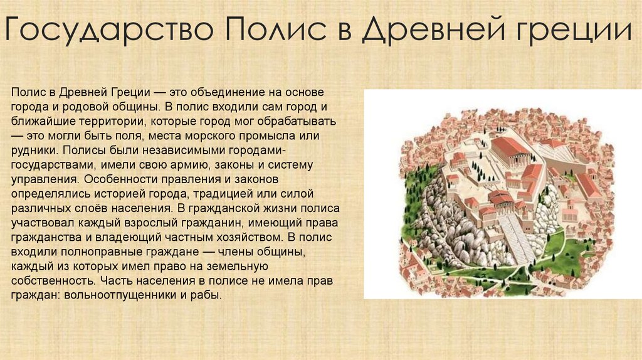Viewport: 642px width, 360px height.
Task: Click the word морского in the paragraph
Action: pyautogui.click(x=189, y=135)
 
